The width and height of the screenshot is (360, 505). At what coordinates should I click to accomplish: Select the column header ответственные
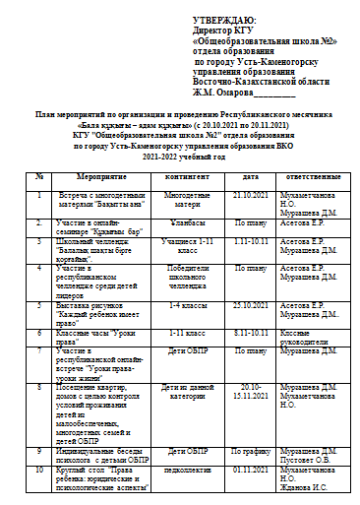point(313,176)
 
